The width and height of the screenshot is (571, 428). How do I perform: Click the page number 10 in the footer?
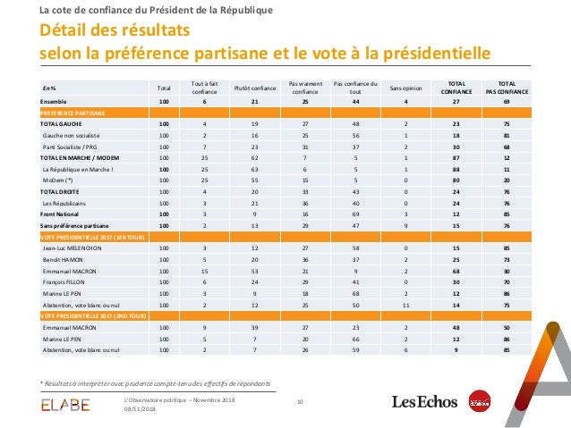point(300,401)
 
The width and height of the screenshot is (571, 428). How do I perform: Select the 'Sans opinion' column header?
point(406,88)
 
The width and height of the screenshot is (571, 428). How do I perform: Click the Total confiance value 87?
point(456,157)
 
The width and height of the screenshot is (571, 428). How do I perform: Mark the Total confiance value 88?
point(456,168)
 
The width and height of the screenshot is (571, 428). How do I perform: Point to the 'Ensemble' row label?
point(54,101)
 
